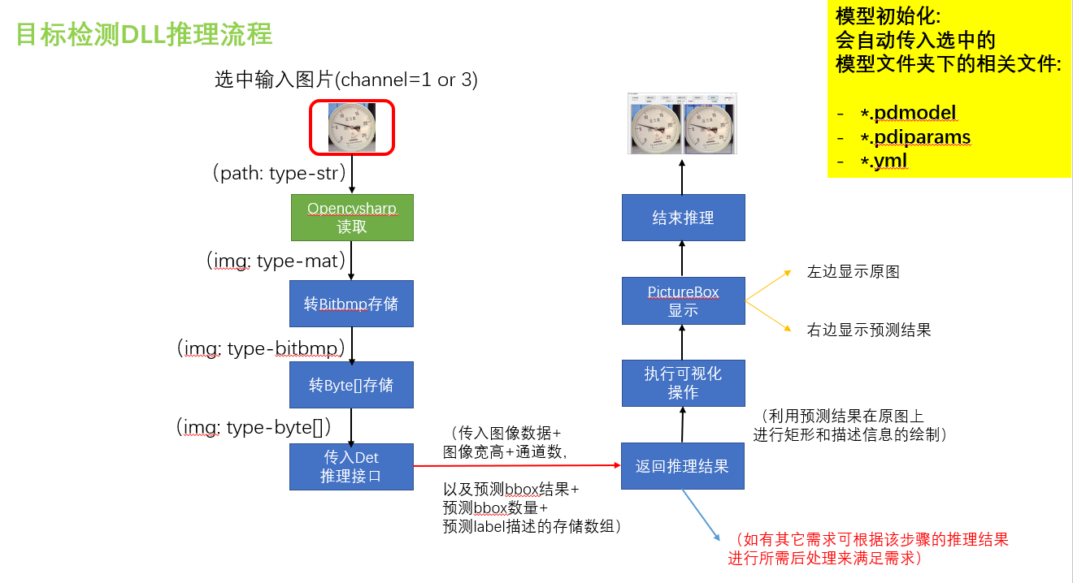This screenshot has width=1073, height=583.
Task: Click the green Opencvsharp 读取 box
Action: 352,218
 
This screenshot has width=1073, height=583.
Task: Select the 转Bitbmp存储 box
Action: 351,304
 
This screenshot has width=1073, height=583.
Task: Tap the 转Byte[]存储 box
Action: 351,384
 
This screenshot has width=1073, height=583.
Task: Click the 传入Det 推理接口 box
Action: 351,467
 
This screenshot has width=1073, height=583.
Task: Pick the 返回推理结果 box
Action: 682,466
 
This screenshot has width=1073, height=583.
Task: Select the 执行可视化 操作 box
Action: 683,383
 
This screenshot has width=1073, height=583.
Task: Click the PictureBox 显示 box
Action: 683,300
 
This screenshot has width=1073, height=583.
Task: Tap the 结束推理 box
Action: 683,218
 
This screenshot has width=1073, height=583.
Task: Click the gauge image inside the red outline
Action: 352,127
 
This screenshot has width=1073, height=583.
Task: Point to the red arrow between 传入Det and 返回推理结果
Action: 517,466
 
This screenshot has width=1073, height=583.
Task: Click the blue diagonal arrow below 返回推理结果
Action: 701,515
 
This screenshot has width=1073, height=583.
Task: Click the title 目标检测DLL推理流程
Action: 145,35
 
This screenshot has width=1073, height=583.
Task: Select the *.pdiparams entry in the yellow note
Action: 915,137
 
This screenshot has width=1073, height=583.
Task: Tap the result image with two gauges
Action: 682,123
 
